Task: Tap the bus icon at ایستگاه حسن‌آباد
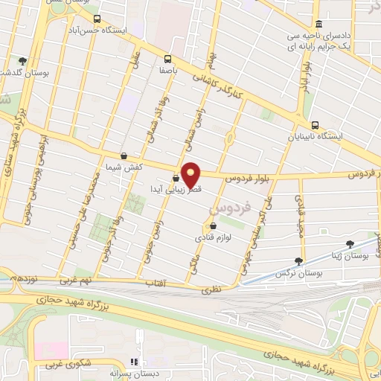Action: coord(97,19)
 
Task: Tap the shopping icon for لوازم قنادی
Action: coord(214,226)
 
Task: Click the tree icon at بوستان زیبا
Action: coord(350,243)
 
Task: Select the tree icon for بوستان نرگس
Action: coord(298,261)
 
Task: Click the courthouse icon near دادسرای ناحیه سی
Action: coord(318,24)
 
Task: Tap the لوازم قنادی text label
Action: coord(214,239)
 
